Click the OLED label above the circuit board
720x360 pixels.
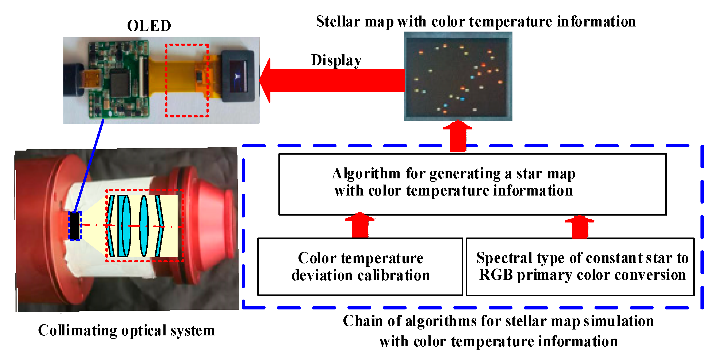point(149,26)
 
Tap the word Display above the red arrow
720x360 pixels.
point(336,60)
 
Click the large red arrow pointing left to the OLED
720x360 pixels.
point(333,80)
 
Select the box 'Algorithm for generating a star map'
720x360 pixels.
point(472,184)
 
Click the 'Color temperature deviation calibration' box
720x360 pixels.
point(360,267)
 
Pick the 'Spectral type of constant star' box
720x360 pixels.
point(580,267)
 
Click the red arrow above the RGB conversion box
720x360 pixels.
point(580,227)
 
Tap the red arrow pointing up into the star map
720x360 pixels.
point(458,137)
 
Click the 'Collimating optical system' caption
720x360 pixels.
point(126,330)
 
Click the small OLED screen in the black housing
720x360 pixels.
point(238,75)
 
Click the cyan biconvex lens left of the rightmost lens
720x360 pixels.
point(144,226)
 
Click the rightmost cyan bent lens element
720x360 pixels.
point(160,226)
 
